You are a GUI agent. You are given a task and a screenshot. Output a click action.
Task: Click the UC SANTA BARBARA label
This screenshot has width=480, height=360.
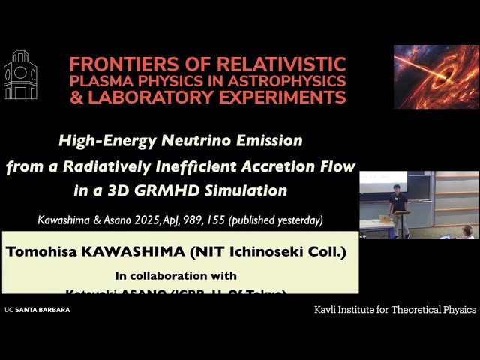pos(37,309)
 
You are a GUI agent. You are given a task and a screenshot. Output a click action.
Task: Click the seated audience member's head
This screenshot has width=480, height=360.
pos(467,230)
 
